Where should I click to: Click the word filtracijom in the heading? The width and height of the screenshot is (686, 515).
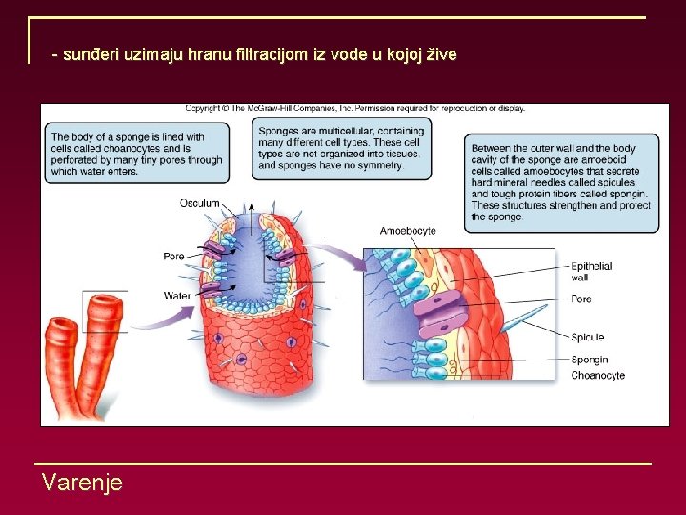pyautogui.click(x=272, y=54)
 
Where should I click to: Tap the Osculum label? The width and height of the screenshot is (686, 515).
pyautogui.click(x=199, y=203)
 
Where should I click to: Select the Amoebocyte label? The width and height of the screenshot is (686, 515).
pyautogui.click(x=408, y=231)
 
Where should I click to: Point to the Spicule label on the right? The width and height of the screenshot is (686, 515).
pyautogui.click(x=587, y=337)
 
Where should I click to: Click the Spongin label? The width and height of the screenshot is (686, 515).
pyautogui.click(x=590, y=360)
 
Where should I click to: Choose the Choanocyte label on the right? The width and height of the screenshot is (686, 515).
pyautogui.click(x=597, y=375)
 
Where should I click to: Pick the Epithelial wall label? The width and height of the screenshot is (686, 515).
pyautogui.click(x=591, y=272)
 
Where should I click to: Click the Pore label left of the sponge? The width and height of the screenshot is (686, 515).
pyautogui.click(x=173, y=256)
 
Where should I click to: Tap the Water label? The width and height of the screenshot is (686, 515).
pyautogui.click(x=176, y=296)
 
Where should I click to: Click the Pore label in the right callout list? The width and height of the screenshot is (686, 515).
pyautogui.click(x=581, y=299)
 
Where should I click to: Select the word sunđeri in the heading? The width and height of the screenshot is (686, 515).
pyautogui.click(x=90, y=54)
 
